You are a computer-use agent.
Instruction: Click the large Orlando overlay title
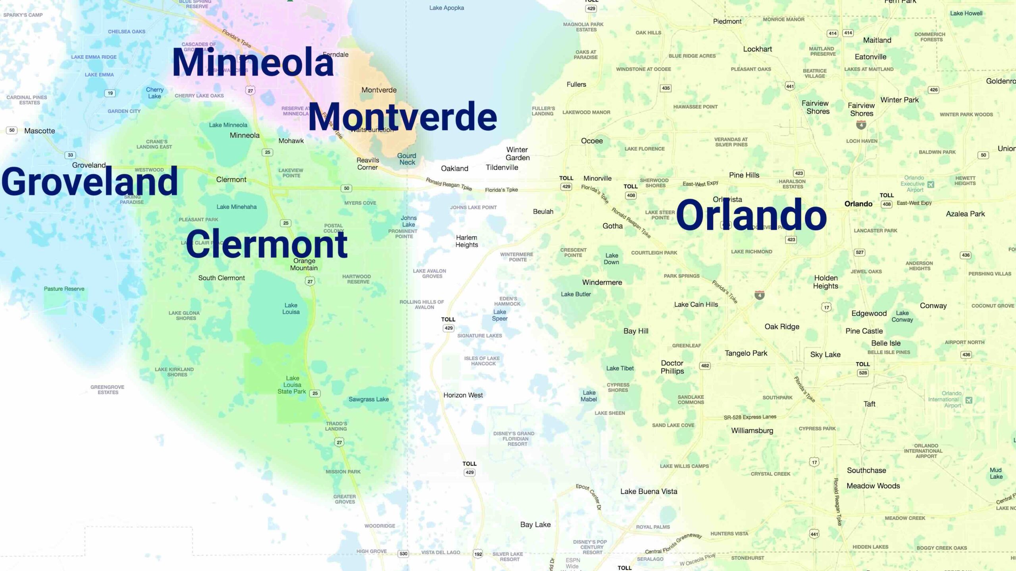click(x=751, y=215)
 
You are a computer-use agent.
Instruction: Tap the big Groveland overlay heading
click(x=90, y=181)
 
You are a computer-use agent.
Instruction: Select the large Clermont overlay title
click(x=266, y=244)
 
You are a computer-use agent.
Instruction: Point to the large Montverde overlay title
click(x=402, y=116)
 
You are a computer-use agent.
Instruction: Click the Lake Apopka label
click(x=446, y=8)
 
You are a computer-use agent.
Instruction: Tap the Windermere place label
click(x=602, y=283)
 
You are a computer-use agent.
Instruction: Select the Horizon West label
click(x=463, y=395)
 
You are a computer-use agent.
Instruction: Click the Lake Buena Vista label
click(x=648, y=492)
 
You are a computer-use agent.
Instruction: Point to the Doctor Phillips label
click(x=672, y=367)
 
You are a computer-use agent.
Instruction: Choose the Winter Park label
click(x=899, y=100)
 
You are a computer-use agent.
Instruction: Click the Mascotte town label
click(x=40, y=131)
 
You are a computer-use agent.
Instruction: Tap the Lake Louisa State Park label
click(x=292, y=385)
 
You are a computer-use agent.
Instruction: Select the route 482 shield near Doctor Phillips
click(x=705, y=366)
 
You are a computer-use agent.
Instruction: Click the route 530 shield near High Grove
click(x=403, y=554)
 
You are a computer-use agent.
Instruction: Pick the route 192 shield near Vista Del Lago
click(x=478, y=554)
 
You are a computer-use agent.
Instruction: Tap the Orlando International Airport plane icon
click(x=969, y=400)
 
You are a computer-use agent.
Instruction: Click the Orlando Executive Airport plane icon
click(x=931, y=184)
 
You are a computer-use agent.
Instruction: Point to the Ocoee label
click(x=592, y=141)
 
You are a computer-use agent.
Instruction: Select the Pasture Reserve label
click(x=64, y=289)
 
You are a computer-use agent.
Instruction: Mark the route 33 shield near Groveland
click(x=70, y=155)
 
